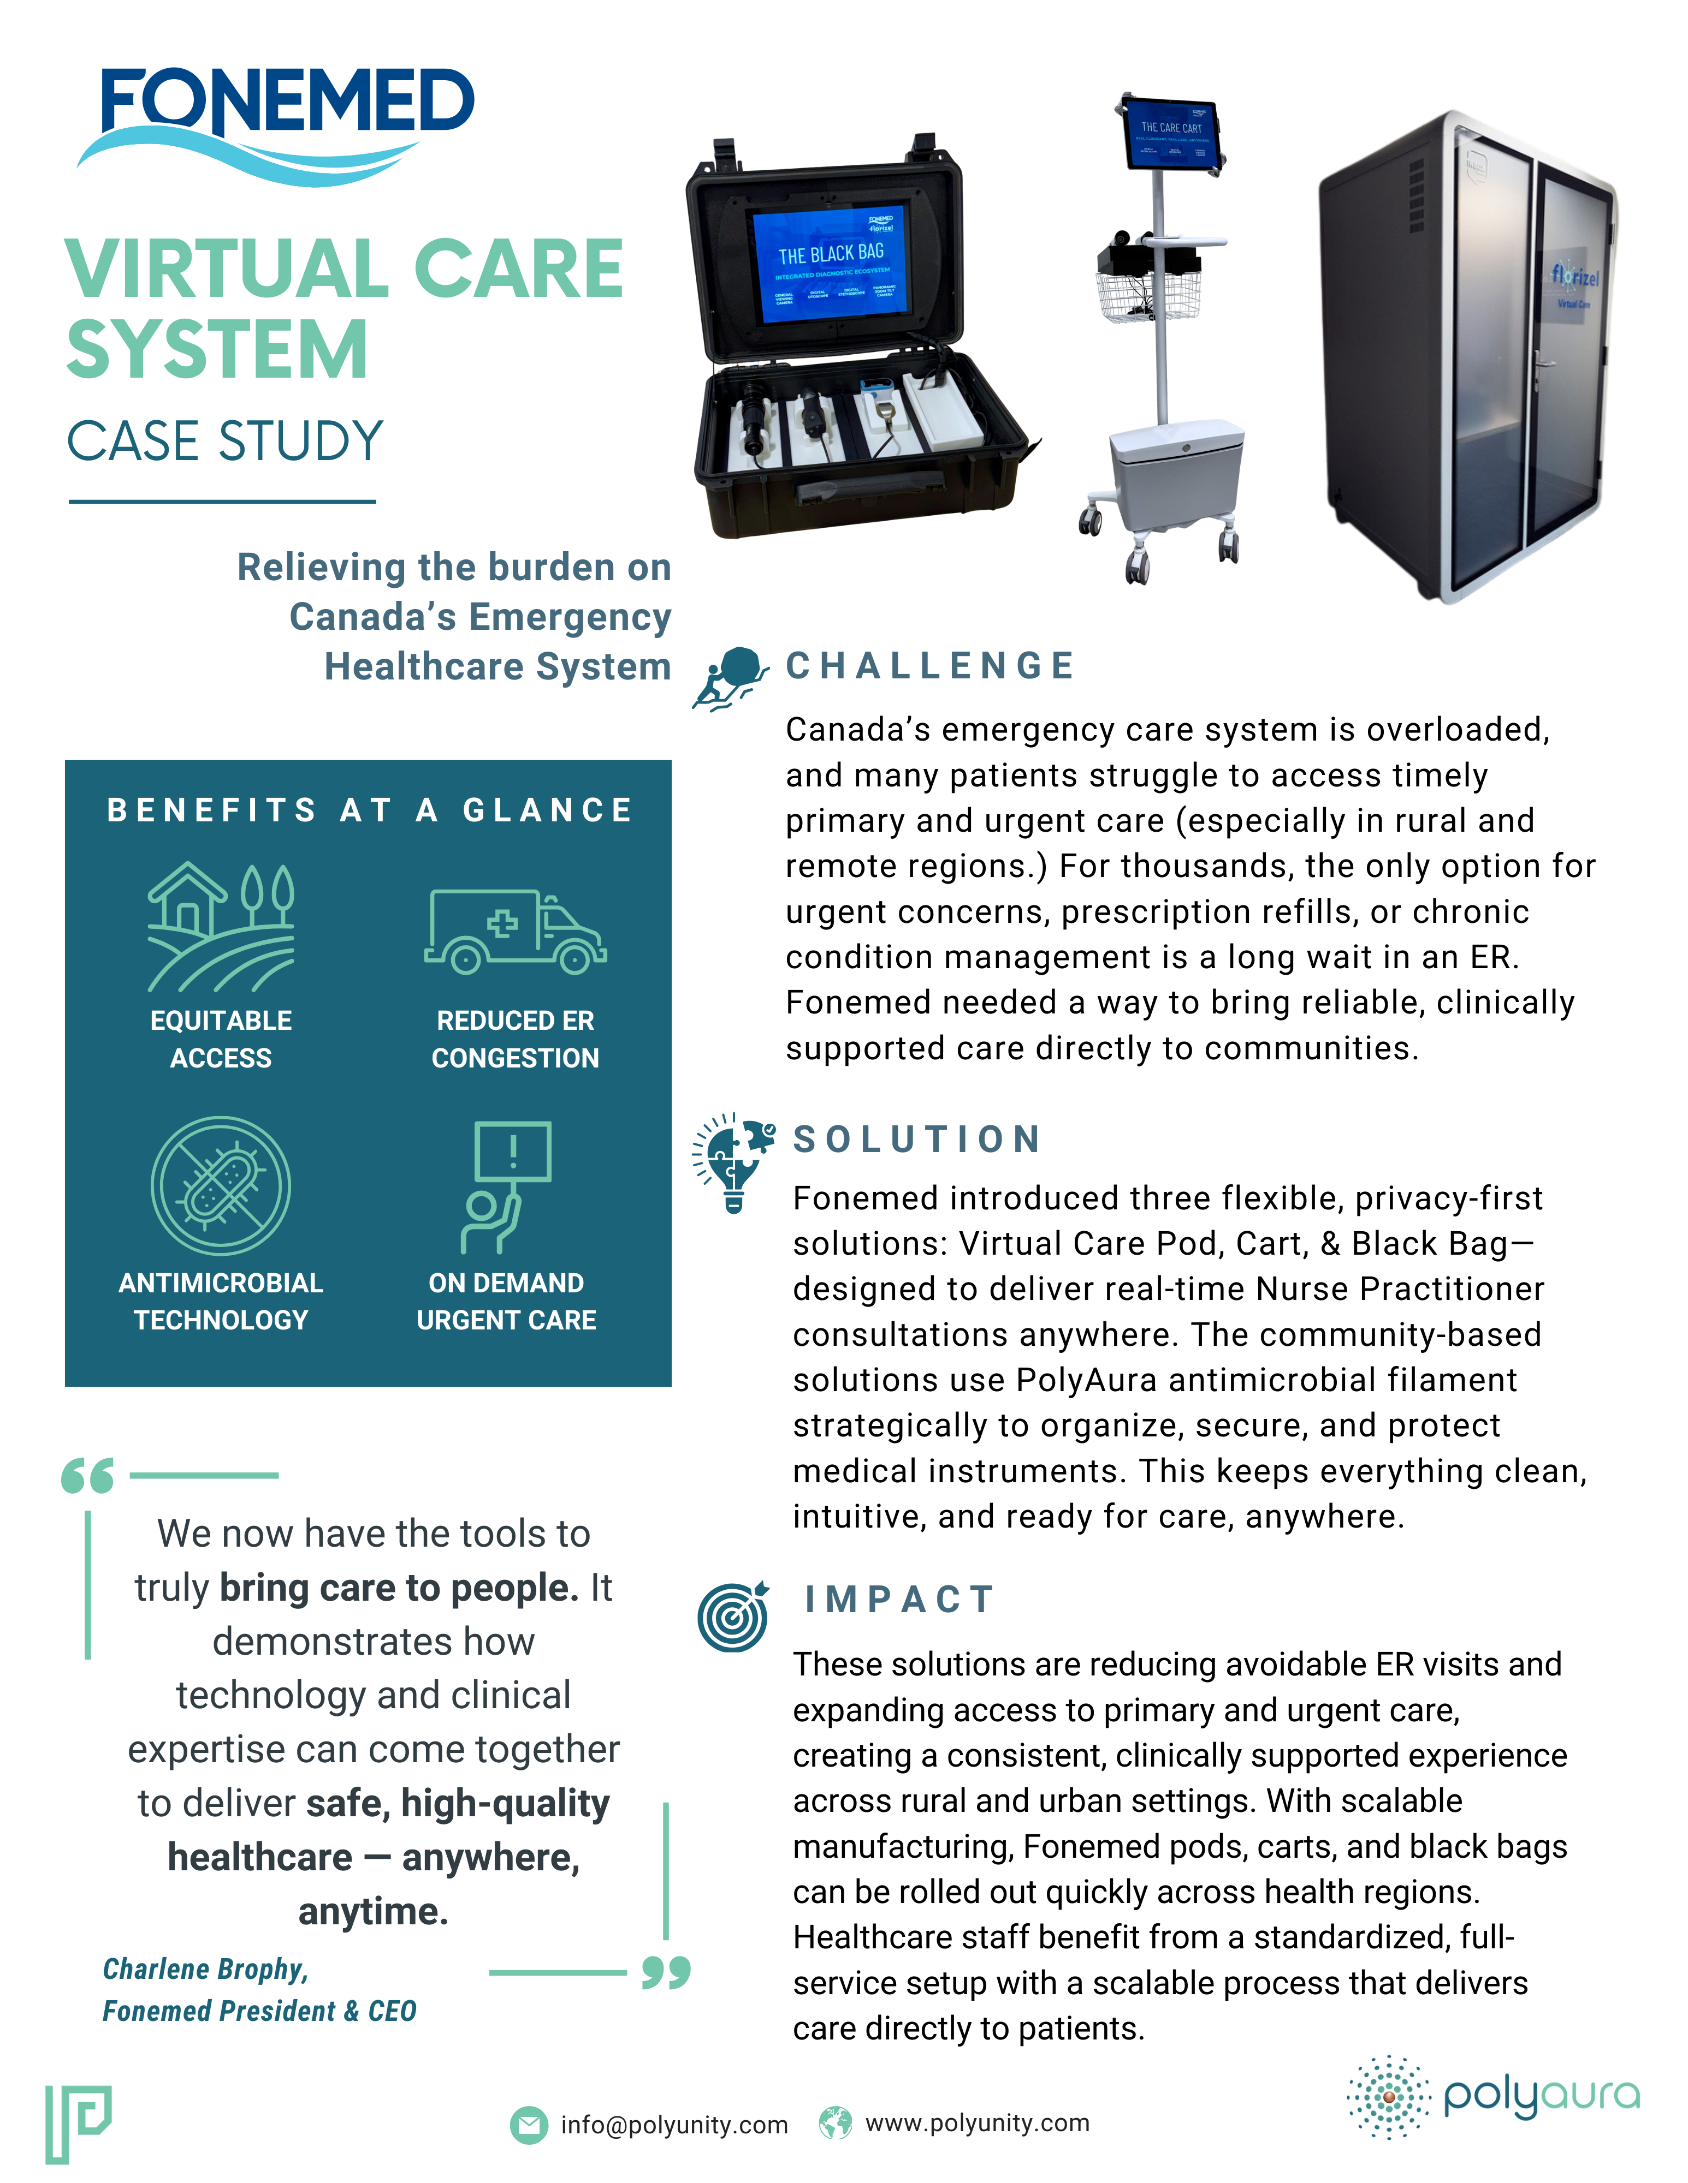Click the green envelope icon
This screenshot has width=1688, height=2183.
point(529,2125)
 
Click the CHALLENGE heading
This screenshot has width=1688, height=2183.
point(930,666)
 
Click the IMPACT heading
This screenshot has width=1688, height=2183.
point(900,1599)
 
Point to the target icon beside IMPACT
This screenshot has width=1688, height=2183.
point(733,1617)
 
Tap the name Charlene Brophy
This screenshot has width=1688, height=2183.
point(205,1969)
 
